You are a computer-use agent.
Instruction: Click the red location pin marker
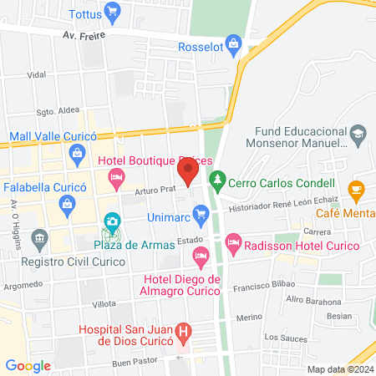[188, 170]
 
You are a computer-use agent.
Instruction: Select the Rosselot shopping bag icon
[235, 42]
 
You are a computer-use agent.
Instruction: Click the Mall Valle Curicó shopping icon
[78, 152]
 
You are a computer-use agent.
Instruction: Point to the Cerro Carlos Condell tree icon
[217, 179]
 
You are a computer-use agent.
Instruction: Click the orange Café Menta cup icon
[357, 189]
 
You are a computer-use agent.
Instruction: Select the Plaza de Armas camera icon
[111, 222]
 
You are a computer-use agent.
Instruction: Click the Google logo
[28, 365]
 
